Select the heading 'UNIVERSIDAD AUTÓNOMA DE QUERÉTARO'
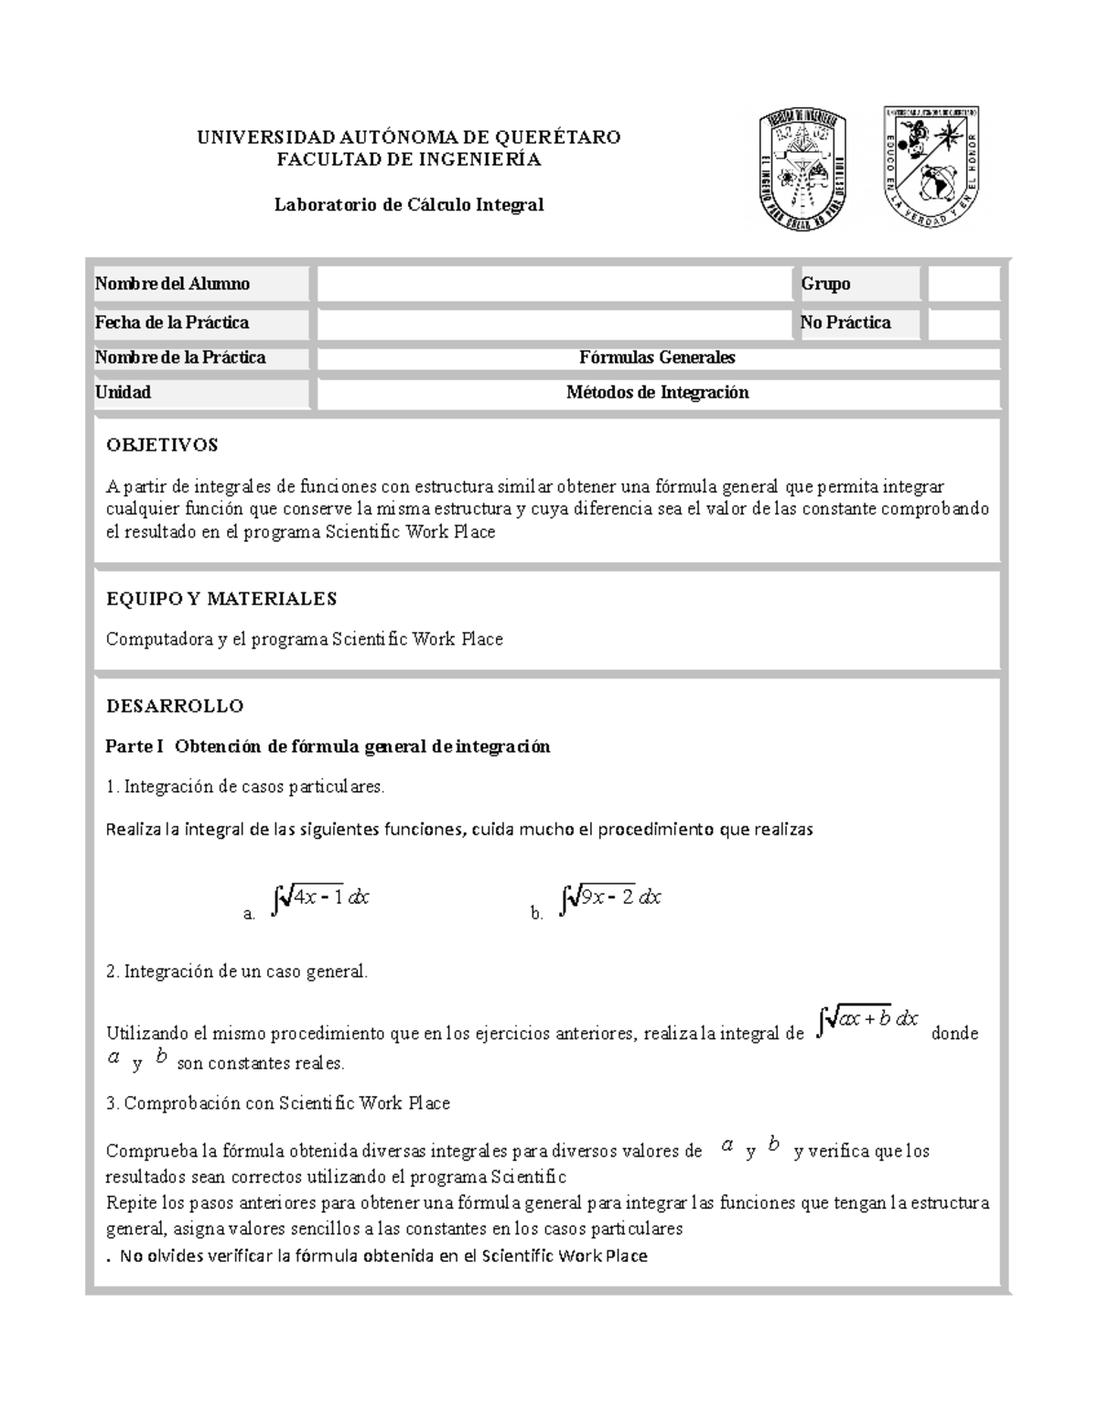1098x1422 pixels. point(409,137)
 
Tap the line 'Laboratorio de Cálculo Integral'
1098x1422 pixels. point(409,204)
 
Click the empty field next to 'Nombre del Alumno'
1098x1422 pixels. point(554,284)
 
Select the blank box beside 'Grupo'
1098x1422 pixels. point(963,284)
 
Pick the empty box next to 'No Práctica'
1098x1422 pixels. point(963,323)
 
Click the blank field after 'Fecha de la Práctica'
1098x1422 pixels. point(554,323)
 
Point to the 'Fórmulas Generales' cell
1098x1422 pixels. point(657,358)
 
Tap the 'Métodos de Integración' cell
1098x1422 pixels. point(657,393)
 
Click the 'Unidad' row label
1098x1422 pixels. point(124,393)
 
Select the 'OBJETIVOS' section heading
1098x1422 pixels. point(162,446)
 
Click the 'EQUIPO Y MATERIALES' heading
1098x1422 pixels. point(221,600)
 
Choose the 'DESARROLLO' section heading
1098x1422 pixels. point(175,706)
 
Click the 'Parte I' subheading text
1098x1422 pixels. point(328,746)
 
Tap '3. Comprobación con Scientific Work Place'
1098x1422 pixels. point(278,1103)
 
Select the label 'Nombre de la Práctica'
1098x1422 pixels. point(180,358)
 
